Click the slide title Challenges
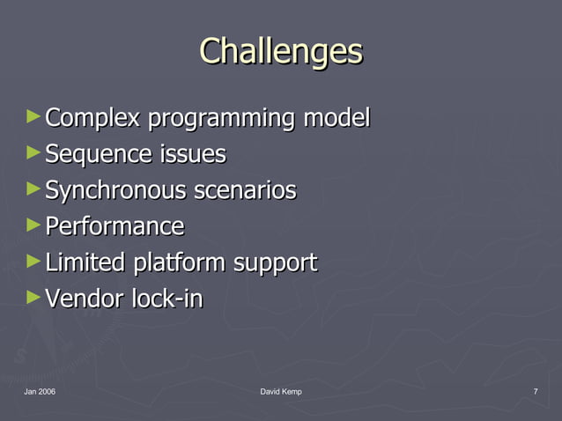tap(280, 51)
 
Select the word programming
tap(221, 118)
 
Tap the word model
tap(336, 117)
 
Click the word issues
tap(192, 154)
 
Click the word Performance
tap(115, 226)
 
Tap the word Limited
tap(85, 262)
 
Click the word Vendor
tap(84, 299)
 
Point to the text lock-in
tap(166, 299)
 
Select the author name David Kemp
tap(281, 391)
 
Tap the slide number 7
tap(536, 391)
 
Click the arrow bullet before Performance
tap(33, 225)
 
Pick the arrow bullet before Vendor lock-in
tap(33, 297)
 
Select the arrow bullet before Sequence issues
tap(33, 152)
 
